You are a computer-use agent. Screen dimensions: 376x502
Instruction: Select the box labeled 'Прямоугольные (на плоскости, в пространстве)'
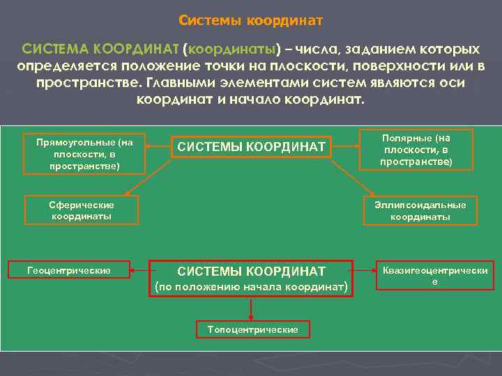(x=84, y=154)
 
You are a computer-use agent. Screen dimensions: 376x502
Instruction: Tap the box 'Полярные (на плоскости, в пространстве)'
(x=416, y=150)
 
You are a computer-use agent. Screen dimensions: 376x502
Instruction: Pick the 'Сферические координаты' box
(x=81, y=210)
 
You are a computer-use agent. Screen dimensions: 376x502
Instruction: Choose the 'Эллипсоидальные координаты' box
(x=420, y=210)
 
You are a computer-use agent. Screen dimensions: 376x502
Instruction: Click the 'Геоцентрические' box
(x=68, y=269)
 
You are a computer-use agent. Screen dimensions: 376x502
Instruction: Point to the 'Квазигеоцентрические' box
(x=434, y=275)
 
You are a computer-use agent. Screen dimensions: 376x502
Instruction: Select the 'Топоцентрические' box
(x=252, y=329)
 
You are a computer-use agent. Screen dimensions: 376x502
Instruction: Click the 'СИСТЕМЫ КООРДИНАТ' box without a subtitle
(x=251, y=147)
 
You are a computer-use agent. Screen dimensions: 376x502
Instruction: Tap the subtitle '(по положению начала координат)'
(x=251, y=287)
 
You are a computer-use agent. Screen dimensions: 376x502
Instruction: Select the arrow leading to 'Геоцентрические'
(x=139, y=269)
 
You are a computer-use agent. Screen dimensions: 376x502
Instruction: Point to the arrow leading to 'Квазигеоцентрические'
(x=365, y=269)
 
